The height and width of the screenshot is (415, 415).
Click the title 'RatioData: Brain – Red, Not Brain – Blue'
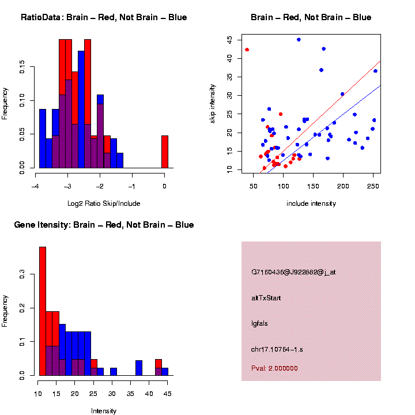[104, 17]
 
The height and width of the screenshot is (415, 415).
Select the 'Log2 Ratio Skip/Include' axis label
[103, 203]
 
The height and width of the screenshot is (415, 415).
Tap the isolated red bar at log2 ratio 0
[165, 152]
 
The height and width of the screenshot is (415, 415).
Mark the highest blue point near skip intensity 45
[299, 40]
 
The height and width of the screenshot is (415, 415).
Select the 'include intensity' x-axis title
[311, 203]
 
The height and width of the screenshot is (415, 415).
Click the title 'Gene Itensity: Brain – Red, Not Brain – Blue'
[104, 225]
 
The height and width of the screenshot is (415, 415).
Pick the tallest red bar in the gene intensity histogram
[42, 311]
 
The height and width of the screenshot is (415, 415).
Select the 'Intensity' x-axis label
[104, 411]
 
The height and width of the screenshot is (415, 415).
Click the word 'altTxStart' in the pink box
[266, 298]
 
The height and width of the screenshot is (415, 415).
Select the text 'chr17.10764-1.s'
[278, 349]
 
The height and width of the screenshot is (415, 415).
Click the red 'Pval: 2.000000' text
[274, 368]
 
